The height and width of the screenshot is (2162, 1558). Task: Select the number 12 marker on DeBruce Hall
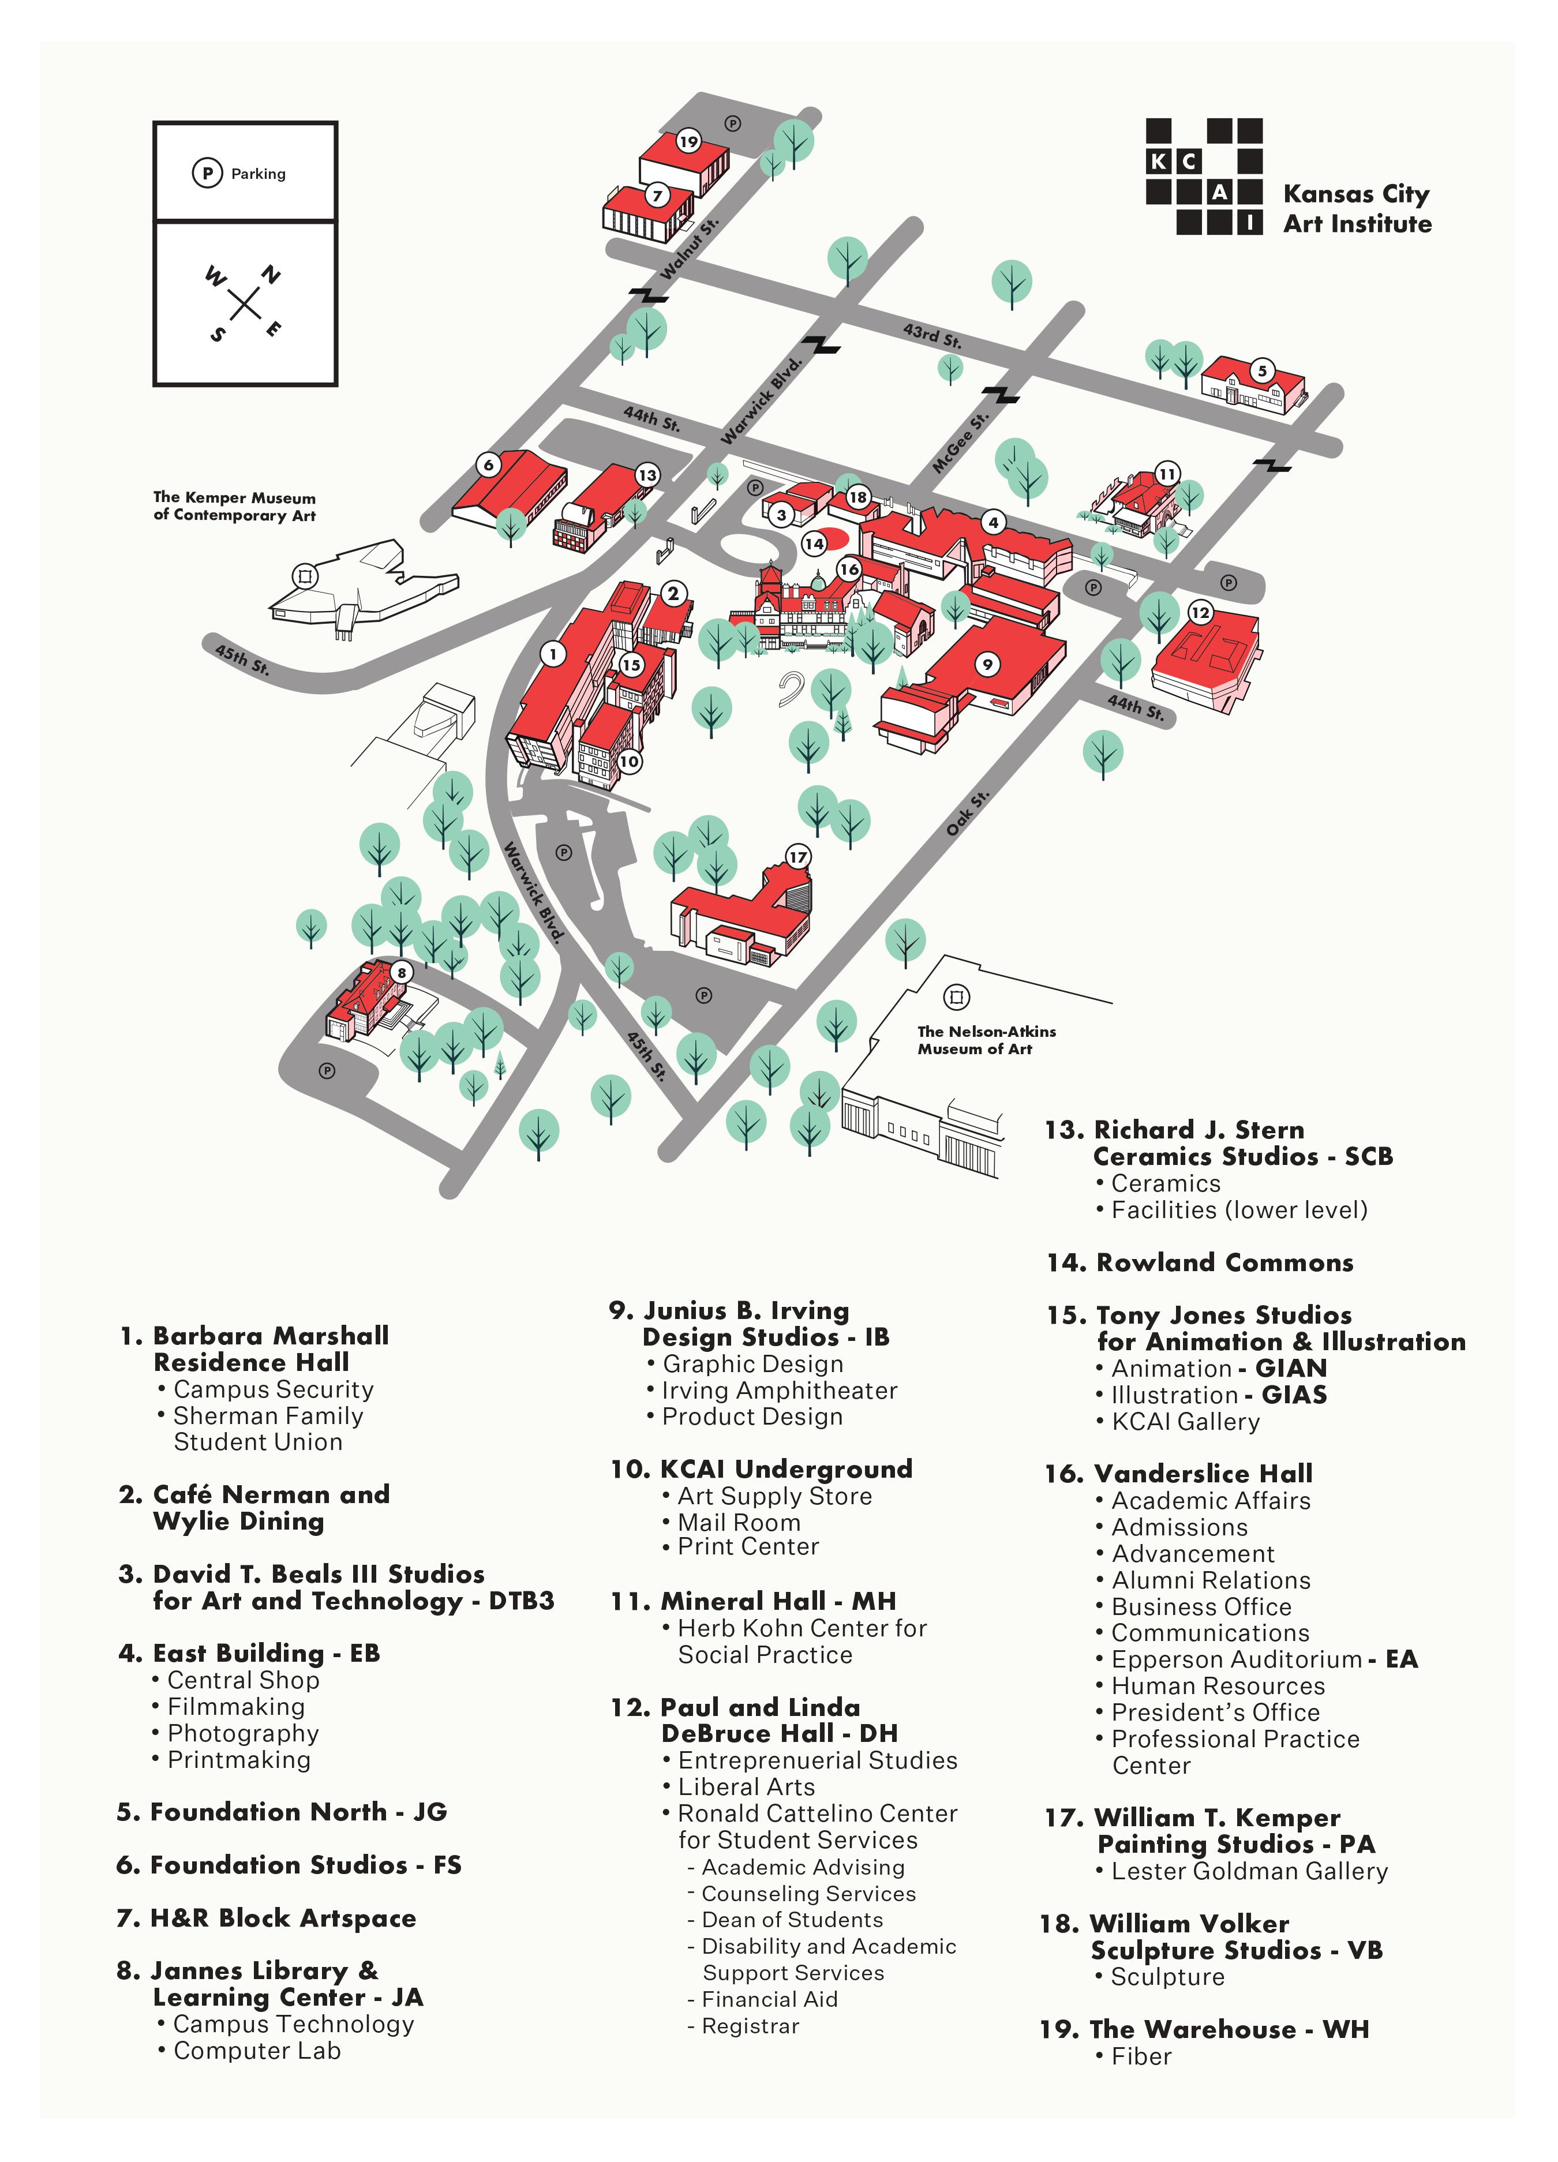coord(1200,613)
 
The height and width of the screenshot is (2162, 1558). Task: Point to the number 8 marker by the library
coord(402,972)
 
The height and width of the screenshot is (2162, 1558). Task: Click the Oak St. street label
coord(967,813)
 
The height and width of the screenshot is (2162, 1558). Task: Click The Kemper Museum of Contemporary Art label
coord(234,506)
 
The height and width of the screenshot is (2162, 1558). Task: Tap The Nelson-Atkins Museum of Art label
coord(986,1040)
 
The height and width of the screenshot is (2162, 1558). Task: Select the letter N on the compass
coord(272,276)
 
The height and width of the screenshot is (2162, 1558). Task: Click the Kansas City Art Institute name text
coord(1356,209)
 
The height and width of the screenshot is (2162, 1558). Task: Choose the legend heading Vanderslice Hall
coord(1203,1474)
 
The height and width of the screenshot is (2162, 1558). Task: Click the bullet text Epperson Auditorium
coord(1235,1659)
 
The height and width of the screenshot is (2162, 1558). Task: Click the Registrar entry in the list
coord(750,2026)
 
